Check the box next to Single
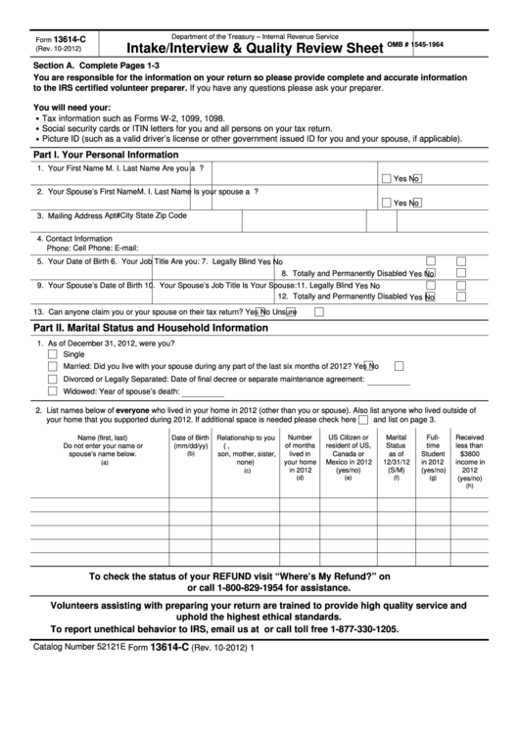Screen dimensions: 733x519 coord(53,354)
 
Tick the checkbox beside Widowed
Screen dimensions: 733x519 coord(53,389)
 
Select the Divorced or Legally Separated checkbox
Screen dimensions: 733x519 coord(53,378)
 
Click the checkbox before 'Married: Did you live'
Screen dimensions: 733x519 coord(53,366)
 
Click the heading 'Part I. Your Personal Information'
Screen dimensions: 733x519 coord(106,155)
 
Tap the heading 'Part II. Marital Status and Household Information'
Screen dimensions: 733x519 coord(150,328)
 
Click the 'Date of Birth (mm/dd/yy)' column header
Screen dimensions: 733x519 coord(191,443)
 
